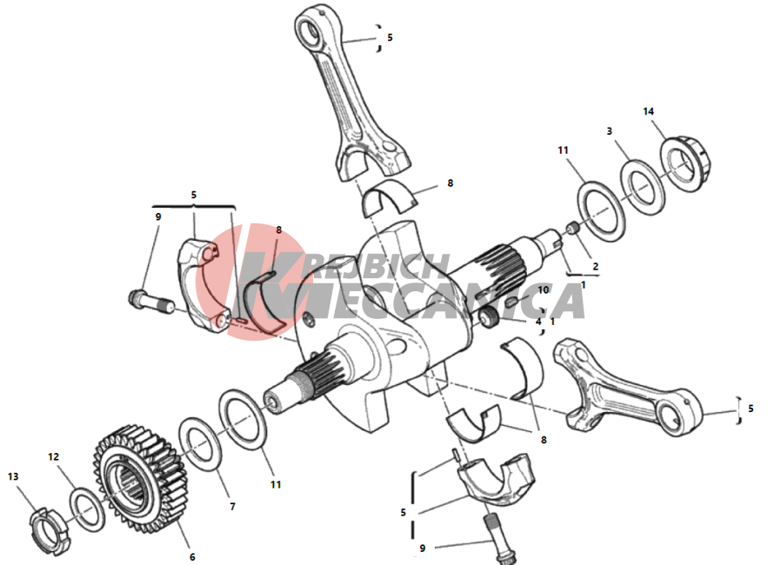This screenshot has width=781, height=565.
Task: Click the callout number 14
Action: tap(648, 111)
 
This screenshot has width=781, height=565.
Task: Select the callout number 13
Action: tap(13, 477)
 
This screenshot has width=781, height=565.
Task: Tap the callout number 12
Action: tap(53, 457)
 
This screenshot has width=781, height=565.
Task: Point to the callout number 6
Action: tap(192, 557)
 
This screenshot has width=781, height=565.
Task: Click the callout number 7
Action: tap(232, 507)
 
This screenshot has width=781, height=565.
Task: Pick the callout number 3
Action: tap(609, 131)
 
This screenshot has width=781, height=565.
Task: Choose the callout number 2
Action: tap(595, 267)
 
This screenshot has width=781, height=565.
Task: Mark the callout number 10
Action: tap(543, 289)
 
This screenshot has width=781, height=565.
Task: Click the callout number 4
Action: tap(538, 322)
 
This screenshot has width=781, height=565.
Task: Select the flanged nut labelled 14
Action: tap(686, 163)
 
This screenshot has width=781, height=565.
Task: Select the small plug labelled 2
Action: tap(571, 229)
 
